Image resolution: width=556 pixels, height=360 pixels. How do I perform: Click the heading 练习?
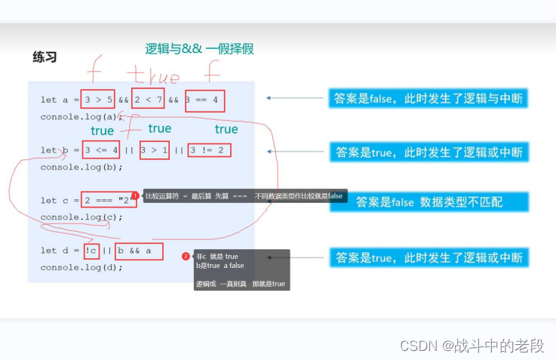(x=45, y=57)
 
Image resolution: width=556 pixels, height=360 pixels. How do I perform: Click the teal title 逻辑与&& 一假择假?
(x=199, y=49)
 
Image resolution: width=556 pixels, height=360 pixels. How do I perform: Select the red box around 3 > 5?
(x=98, y=99)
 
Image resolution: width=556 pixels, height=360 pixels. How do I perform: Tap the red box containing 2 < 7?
(x=148, y=99)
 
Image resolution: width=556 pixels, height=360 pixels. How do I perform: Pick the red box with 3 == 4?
(x=204, y=99)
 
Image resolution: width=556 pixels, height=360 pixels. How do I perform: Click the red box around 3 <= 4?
(x=101, y=149)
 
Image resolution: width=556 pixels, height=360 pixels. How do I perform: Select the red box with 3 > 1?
(x=154, y=149)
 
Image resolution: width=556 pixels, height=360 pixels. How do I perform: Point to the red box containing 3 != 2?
(x=210, y=149)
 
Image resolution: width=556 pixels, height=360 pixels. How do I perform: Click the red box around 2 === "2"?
(x=109, y=200)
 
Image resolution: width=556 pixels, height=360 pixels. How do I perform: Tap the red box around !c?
(x=91, y=250)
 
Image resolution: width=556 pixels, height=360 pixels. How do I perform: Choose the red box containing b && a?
(x=139, y=250)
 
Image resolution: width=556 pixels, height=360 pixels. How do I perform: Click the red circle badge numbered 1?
(x=135, y=196)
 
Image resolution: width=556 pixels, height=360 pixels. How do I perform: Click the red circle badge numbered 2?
(x=186, y=256)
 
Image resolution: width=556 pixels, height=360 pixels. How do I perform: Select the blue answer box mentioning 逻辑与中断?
(x=428, y=99)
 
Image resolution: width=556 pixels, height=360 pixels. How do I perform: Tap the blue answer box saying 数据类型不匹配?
(x=428, y=202)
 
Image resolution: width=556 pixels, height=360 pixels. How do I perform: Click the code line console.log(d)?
(x=81, y=267)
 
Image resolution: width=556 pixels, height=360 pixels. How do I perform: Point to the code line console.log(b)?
(x=81, y=167)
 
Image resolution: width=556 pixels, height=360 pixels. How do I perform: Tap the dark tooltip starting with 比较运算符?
(x=244, y=196)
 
